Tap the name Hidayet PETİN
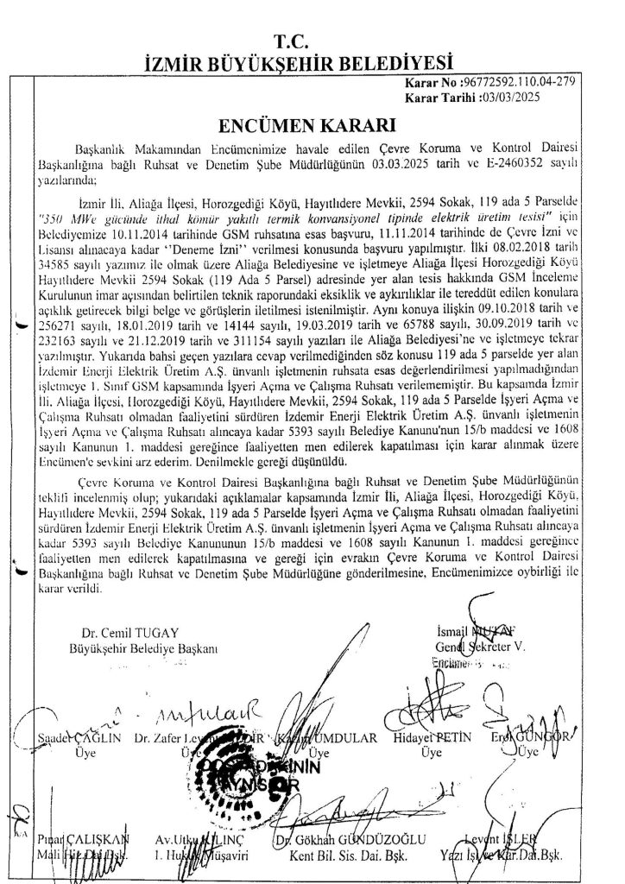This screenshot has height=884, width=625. tap(426, 740)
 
